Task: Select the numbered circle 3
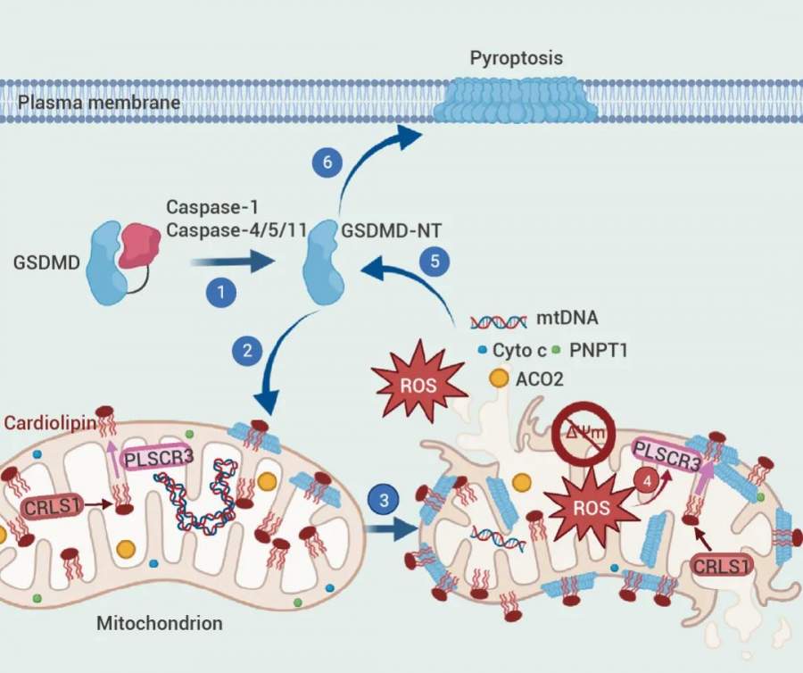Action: click(x=384, y=501)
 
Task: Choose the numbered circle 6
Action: click(x=327, y=162)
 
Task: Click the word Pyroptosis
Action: click(x=516, y=58)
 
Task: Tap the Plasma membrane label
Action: click(x=99, y=103)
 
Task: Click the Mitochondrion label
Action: click(x=159, y=621)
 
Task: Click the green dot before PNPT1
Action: click(x=557, y=350)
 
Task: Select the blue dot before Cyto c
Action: click(x=481, y=350)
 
